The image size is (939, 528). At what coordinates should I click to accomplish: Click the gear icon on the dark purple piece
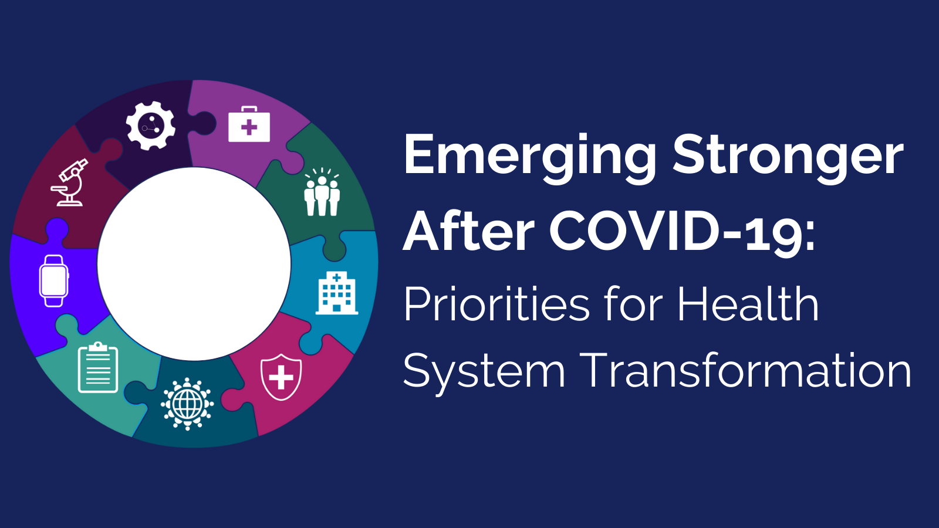tap(150, 126)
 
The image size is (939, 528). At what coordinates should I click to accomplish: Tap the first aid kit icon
tap(249, 124)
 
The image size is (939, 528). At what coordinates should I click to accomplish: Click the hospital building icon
tap(337, 293)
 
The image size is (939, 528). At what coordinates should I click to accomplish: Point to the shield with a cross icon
tap(281, 377)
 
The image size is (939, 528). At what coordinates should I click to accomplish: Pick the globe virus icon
tap(187, 404)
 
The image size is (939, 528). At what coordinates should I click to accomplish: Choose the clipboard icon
tap(98, 367)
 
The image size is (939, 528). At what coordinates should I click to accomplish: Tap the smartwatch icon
tap(54, 281)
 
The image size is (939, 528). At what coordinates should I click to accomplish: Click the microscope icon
tap(70, 182)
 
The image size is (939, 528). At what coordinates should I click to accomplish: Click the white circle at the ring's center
tap(194, 264)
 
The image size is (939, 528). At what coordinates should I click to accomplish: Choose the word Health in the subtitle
tap(748, 303)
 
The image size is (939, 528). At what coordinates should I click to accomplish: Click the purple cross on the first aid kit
tap(249, 127)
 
